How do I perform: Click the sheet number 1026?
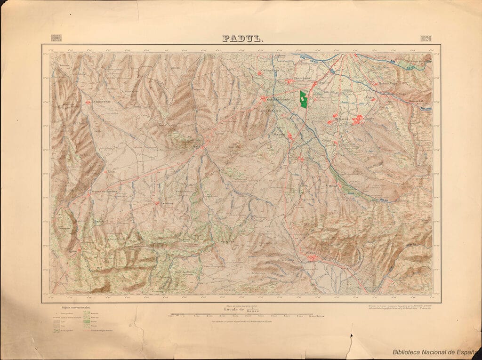tap(425, 39)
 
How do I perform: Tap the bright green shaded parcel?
tap(303, 100)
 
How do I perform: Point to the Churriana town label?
tap(301, 78)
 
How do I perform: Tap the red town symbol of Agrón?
tap(79, 251)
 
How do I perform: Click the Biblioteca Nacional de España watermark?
tap(435, 352)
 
